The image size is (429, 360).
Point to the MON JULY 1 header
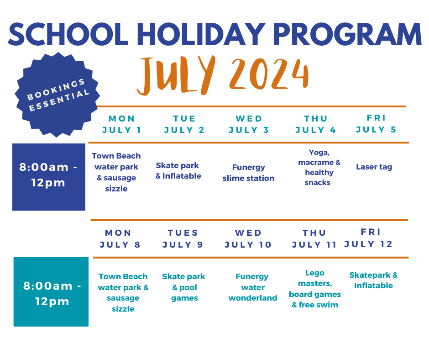point(122,124)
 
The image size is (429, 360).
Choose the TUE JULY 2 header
point(184,124)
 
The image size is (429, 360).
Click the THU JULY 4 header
point(316,124)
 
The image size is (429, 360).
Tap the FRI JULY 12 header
point(369,238)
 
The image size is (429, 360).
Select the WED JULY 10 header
point(248,239)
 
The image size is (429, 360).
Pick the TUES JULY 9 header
point(183,239)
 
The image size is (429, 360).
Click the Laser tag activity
point(374,167)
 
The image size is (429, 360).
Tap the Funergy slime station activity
point(248,173)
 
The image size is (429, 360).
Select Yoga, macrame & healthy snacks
point(319,167)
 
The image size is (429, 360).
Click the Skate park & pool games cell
point(183,287)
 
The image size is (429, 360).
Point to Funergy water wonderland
point(252,287)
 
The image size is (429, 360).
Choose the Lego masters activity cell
point(315,289)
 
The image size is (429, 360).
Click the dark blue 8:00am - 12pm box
point(49,177)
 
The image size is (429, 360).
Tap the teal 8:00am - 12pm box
point(51,292)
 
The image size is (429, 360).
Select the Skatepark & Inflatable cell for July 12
point(373,280)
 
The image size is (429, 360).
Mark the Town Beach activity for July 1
point(116,172)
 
